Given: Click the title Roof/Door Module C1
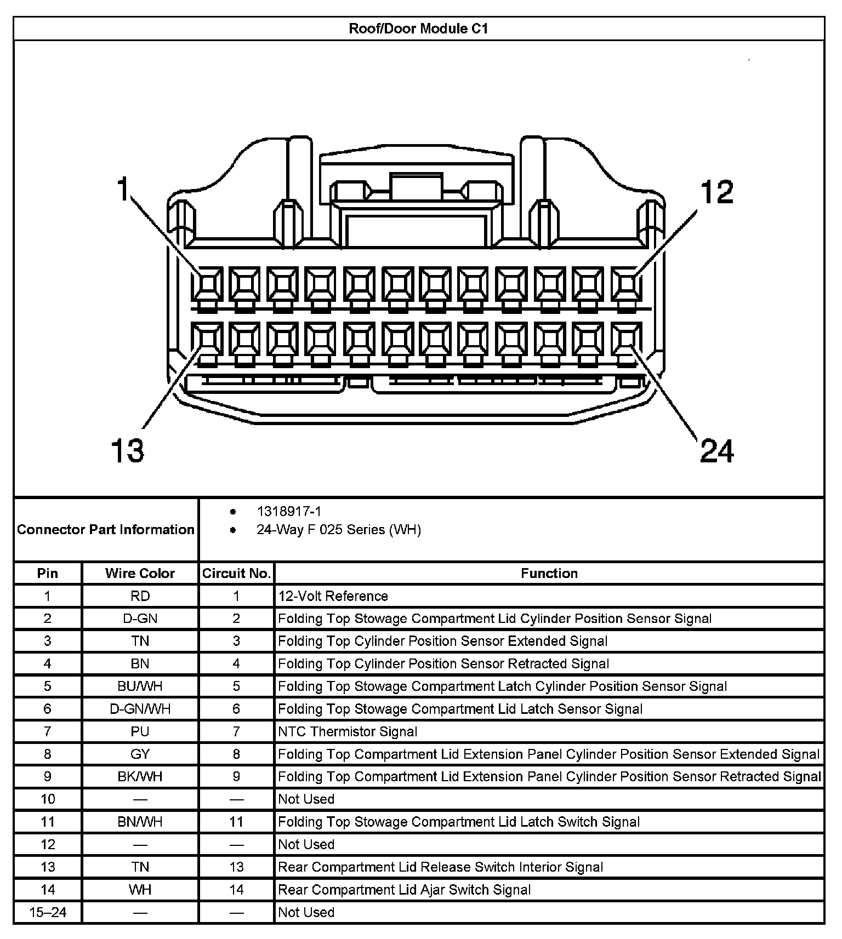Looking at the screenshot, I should [418, 28].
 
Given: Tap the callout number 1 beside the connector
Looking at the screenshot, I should [123, 189].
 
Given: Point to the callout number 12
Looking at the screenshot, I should [716, 192].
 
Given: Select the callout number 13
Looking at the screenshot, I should [127, 450].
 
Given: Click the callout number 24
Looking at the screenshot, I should [716, 451].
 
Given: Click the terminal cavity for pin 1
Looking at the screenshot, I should [207, 283].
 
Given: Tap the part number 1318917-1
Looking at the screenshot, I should [289, 511].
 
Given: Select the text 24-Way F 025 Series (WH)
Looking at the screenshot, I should [338, 530].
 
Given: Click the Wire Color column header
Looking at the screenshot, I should [140, 573].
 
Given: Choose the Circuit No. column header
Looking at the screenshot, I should [236, 573].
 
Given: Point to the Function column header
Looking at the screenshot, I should [549, 573].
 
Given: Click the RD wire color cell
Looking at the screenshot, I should [140, 596].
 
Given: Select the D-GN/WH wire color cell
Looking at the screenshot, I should [140, 709].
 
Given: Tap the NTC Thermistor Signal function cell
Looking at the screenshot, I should [348, 731].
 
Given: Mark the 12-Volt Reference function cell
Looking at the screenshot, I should [333, 596].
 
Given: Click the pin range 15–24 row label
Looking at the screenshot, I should [48, 912].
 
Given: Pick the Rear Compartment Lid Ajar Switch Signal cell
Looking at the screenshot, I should [404, 890].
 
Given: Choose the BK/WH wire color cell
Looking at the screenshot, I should [140, 776].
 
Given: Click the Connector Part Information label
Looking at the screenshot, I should [106, 530].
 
